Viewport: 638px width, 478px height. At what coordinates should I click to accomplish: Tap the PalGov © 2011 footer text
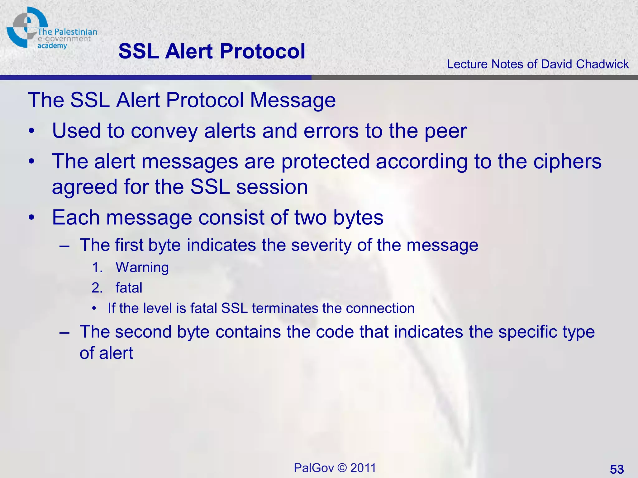(335, 468)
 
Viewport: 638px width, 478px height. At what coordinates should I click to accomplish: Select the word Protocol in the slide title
(262, 51)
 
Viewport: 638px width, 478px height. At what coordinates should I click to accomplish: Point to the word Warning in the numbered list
(142, 268)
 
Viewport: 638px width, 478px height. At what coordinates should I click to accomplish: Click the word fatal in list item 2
(129, 288)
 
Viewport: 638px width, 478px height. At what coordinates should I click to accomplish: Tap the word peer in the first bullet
(446, 131)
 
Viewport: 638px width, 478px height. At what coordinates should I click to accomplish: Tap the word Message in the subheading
(293, 100)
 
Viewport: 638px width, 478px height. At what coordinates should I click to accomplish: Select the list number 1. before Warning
(97, 268)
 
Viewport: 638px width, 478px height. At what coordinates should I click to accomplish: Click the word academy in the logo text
(52, 46)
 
